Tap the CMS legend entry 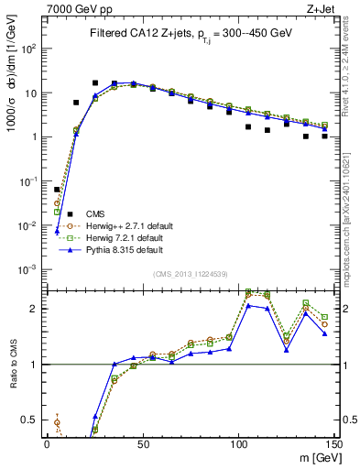(x=97, y=213)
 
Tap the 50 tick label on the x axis (x=143, y=441)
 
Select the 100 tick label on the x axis (x=238, y=441)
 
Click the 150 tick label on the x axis (x=333, y=441)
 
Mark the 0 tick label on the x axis (x=48, y=441)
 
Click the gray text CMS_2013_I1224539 (x=189, y=272)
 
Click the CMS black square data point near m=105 (x=248, y=127)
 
